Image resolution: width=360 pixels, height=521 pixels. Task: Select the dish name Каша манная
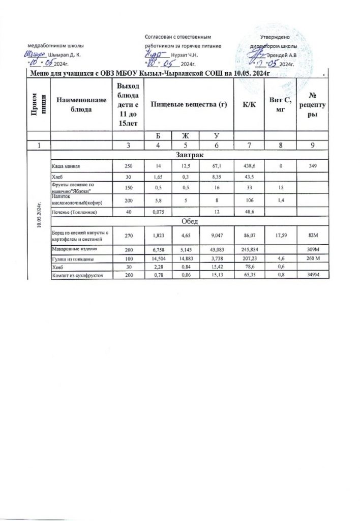tap(65, 166)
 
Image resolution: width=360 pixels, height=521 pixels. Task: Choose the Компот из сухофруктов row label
tap(74, 275)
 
